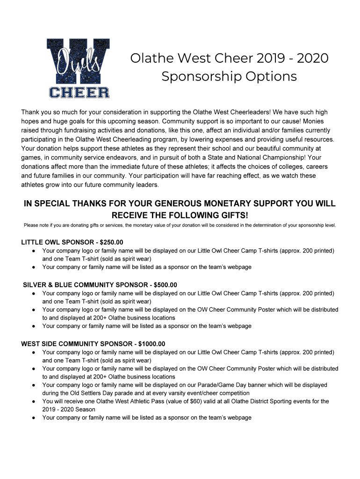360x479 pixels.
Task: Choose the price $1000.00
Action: pyautogui.click(x=149, y=344)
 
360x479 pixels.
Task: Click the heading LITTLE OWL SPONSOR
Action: pyautogui.click(x=58, y=242)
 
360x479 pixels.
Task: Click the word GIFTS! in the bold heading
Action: pyautogui.click(x=231, y=215)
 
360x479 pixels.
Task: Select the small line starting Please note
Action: pyautogui.click(x=180, y=225)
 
